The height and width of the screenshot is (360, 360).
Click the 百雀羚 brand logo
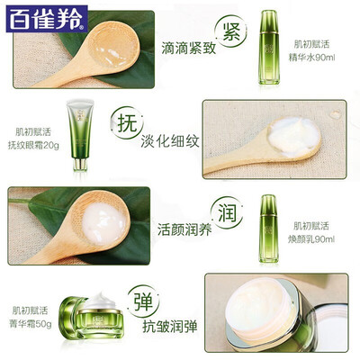pyautogui.click(x=47, y=19)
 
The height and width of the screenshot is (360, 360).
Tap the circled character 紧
pyautogui.click(x=231, y=31)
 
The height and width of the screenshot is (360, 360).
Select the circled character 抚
pyautogui.click(x=127, y=123)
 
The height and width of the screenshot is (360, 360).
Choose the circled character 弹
pyautogui.click(x=143, y=301)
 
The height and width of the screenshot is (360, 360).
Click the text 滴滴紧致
pyautogui.click(x=189, y=48)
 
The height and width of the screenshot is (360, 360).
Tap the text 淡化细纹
pyautogui.click(x=170, y=141)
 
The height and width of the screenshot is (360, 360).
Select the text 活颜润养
pyautogui.click(x=184, y=229)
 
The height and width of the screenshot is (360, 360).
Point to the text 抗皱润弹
pyautogui.click(x=170, y=326)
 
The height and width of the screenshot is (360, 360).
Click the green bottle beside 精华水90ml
pyautogui.click(x=268, y=47)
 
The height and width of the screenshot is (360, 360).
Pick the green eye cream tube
pyautogui.click(x=79, y=136)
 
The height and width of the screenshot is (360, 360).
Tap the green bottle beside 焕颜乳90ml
pyautogui.click(x=268, y=229)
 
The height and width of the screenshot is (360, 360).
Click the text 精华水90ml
pyautogui.click(x=311, y=57)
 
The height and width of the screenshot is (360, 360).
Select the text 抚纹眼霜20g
pyautogui.click(x=33, y=146)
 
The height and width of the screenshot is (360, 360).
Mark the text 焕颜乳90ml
pyautogui.click(x=311, y=239)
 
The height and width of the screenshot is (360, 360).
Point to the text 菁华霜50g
pyautogui.click(x=31, y=324)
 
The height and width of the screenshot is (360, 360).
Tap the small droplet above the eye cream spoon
pyautogui.click(x=335, y=114)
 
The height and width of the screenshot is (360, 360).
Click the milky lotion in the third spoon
pyautogui.click(x=103, y=223)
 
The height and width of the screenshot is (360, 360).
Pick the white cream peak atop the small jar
pyautogui.click(x=101, y=301)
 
